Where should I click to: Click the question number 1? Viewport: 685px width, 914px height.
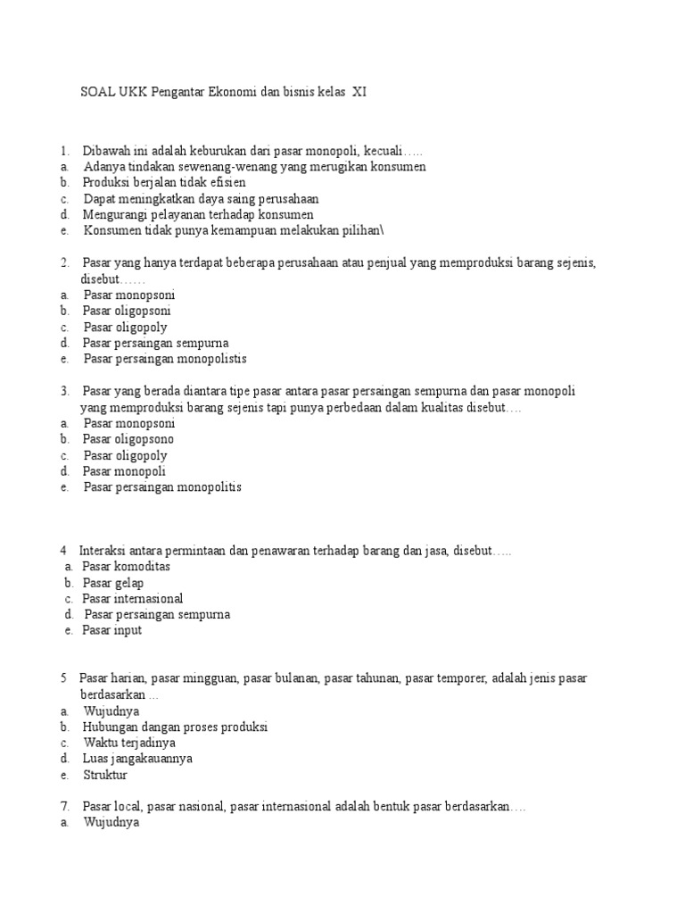(64, 151)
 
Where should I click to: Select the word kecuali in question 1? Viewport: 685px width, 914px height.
(382, 151)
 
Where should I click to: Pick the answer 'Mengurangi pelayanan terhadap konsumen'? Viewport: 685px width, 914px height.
(198, 215)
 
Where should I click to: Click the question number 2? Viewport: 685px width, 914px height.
(65, 263)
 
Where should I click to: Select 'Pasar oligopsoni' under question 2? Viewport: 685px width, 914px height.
(127, 312)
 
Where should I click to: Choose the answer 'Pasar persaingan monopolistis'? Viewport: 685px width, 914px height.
(165, 360)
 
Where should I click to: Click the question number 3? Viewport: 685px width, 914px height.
(65, 392)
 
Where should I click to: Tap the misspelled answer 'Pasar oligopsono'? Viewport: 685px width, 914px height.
(128, 440)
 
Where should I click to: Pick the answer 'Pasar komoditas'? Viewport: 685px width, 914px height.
(126, 567)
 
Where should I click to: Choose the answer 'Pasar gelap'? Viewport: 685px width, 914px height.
(113, 583)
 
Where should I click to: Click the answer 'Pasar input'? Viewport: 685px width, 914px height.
(112, 631)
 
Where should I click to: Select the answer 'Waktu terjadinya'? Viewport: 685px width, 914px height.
(129, 744)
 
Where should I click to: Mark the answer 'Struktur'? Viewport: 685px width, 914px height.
(106, 776)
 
